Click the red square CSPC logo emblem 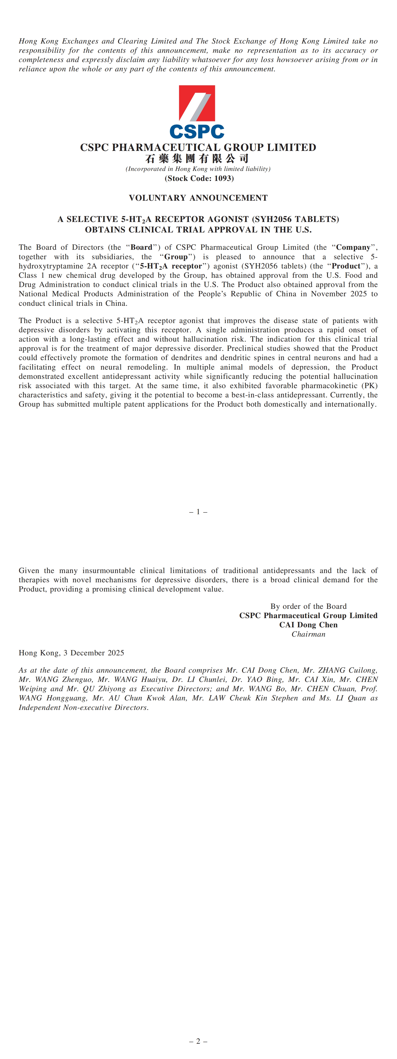pos(197,103)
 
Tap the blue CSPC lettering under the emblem pos(197,132)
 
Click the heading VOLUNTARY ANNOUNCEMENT pos(198,198)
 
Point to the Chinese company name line pos(197,158)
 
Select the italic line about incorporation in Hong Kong pos(198,169)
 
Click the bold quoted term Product pos(346,266)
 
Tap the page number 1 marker pos(198,512)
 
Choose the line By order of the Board pos(308,606)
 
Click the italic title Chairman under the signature pos(308,634)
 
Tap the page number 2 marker pos(198,1041)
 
